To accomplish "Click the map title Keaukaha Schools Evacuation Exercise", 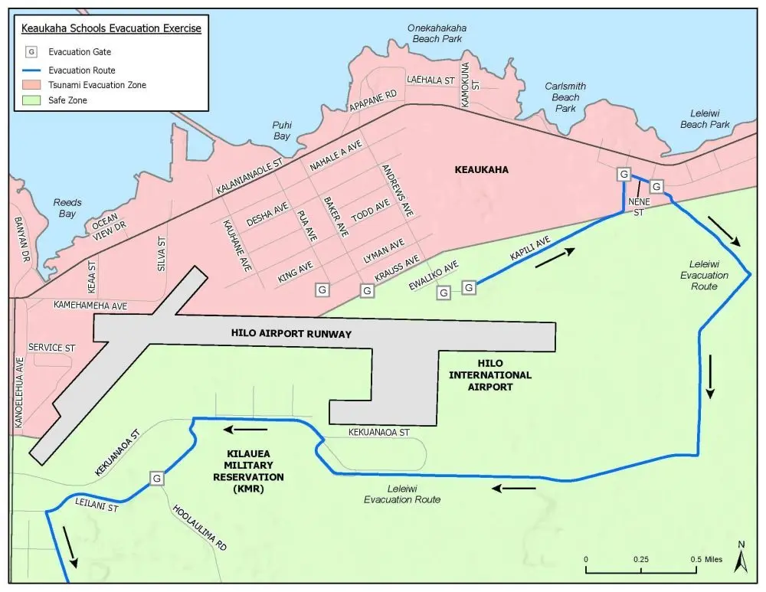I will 111,29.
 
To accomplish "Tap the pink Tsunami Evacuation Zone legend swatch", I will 31,85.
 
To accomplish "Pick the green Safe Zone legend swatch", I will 31,100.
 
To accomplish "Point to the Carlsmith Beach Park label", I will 565,97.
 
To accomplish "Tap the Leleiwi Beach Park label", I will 705,118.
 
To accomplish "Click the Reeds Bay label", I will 67,208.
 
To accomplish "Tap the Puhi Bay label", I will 282,130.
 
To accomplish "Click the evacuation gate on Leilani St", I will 157,478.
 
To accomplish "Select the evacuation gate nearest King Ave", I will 322,290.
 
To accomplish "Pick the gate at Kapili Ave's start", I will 469,287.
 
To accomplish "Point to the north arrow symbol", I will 741,558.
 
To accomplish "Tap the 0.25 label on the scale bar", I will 640,559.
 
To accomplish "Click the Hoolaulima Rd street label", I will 201,528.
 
